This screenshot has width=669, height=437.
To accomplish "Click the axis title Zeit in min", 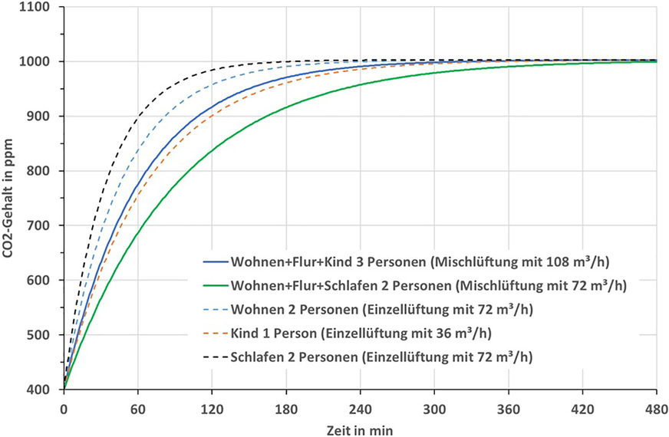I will pos(359,425).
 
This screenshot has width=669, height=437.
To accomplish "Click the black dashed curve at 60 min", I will pos(137,117).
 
